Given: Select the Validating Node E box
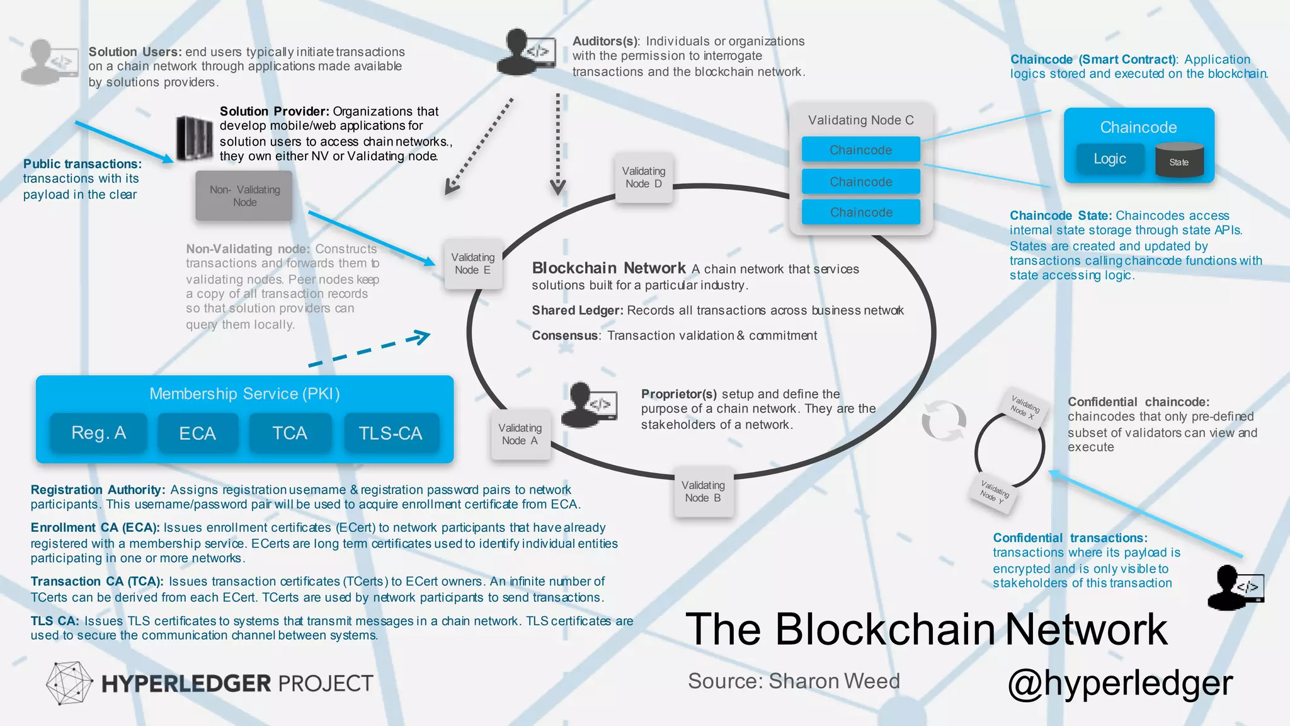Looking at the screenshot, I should point(472,263).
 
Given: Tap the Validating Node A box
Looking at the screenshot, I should point(520,434).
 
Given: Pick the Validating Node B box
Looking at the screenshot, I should point(703,492).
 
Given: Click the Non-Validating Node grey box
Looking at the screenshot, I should point(244,196).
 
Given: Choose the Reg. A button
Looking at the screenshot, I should point(98,433).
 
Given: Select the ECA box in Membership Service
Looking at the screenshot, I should point(197,433).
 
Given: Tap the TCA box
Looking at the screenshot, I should point(290,433).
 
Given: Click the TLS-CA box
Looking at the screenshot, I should point(391,433).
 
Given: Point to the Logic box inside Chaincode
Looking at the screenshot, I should point(1110,159).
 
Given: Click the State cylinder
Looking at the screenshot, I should point(1179,160).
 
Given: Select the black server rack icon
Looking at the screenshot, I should point(194,137).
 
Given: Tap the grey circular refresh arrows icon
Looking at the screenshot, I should point(944,420).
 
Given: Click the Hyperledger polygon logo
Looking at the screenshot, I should point(69,683).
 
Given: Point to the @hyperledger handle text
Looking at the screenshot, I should point(1120,683).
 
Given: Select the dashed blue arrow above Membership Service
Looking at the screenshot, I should point(368,349).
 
